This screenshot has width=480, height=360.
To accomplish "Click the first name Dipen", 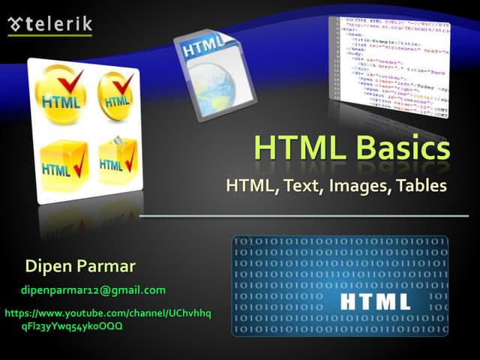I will [47, 265].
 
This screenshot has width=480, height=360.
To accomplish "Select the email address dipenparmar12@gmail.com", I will [93, 289].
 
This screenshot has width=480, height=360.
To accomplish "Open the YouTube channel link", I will [108, 319].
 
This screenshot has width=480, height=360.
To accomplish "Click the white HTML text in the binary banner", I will [375, 301].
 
